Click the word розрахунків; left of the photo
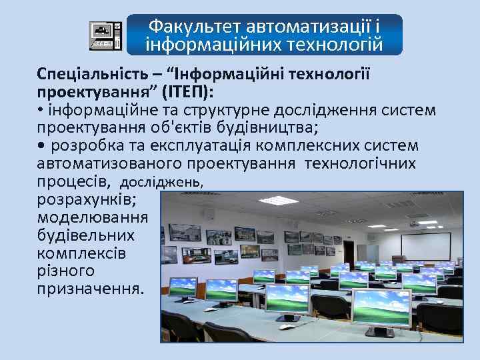click(x=88, y=199)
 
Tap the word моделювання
click(x=93, y=217)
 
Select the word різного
click(x=66, y=271)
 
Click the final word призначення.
click(x=89, y=289)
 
